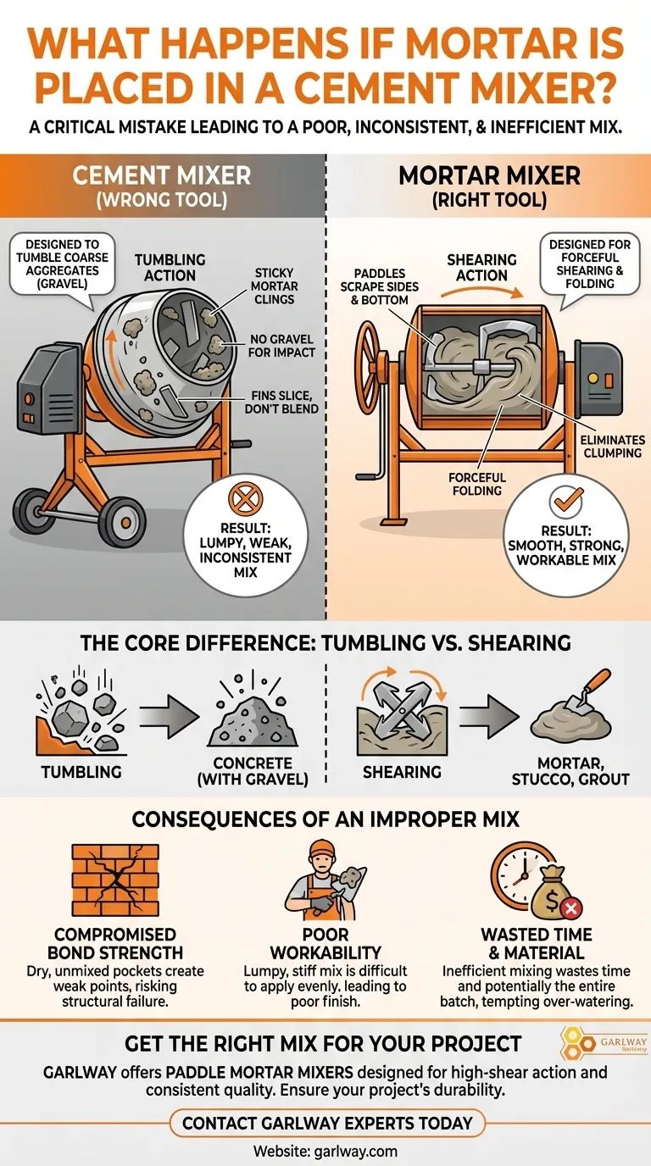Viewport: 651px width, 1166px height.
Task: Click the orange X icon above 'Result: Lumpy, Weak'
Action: [245, 498]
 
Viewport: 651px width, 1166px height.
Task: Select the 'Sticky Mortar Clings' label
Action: [274, 286]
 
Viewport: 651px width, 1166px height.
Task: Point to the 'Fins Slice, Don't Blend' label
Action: [281, 403]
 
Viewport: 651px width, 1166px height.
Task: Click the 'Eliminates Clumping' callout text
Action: [613, 446]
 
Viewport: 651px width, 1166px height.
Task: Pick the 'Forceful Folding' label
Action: [477, 484]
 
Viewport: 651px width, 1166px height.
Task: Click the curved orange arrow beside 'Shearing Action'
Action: [481, 292]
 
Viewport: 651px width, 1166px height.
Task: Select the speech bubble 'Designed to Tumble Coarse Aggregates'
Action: [62, 264]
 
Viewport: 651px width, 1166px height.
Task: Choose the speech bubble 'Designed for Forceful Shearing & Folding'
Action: [590, 264]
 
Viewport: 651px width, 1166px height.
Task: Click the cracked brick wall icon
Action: [115, 880]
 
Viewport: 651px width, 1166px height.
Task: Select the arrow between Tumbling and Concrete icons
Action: [169, 716]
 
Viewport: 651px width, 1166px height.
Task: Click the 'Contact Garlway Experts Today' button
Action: [327, 1123]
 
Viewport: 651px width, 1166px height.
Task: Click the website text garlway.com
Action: [325, 1151]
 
